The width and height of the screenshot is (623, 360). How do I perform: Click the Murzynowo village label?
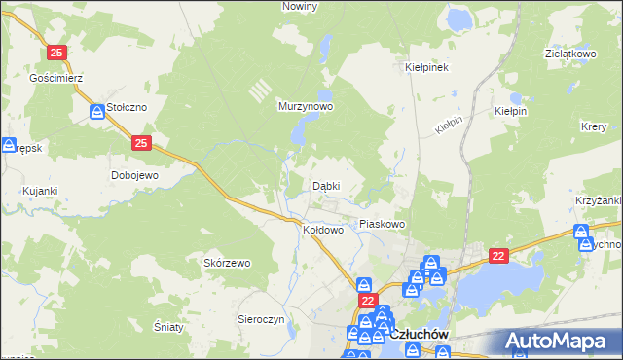(x=306, y=106)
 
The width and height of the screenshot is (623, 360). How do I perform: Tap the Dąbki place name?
(x=325, y=186)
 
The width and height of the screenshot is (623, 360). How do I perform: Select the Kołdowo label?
(x=323, y=231)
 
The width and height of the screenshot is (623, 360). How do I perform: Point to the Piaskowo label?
(x=382, y=224)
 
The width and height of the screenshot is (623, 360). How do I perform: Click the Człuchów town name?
(x=424, y=334)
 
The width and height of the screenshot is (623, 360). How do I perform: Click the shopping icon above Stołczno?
(x=97, y=112)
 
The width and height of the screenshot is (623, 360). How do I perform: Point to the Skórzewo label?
(x=227, y=263)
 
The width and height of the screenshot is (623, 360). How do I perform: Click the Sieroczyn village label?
(x=261, y=319)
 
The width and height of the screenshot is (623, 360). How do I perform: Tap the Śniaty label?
(x=168, y=327)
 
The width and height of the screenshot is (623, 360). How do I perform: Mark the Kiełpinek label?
(x=425, y=68)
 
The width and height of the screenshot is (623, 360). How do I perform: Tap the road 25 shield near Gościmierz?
(x=56, y=53)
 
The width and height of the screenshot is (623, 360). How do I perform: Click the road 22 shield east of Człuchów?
(x=498, y=255)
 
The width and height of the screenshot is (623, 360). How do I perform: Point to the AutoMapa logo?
(x=562, y=342)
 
